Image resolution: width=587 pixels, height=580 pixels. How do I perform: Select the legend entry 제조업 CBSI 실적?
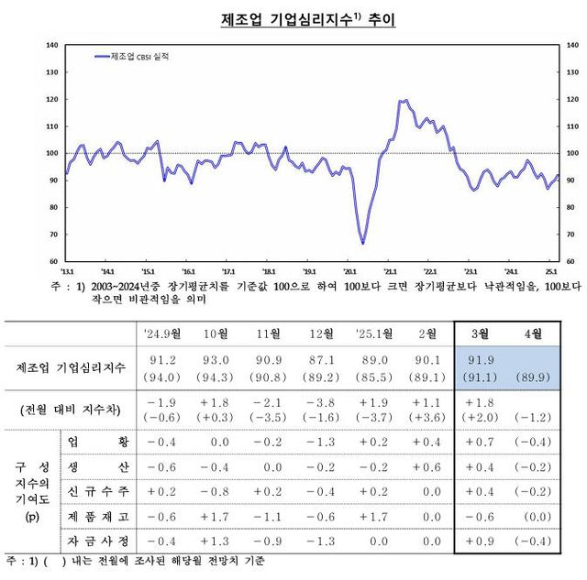point(138,56)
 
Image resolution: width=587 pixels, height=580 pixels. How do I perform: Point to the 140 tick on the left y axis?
point(52,45)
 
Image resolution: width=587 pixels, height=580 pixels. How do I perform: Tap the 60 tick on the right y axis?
point(571,262)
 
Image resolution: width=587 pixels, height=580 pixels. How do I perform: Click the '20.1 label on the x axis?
point(349,272)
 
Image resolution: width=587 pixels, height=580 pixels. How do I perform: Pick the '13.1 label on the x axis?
point(67,272)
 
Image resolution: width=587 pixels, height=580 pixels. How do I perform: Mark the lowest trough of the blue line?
point(362,244)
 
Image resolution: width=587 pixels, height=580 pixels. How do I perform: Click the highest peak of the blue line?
point(404,100)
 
